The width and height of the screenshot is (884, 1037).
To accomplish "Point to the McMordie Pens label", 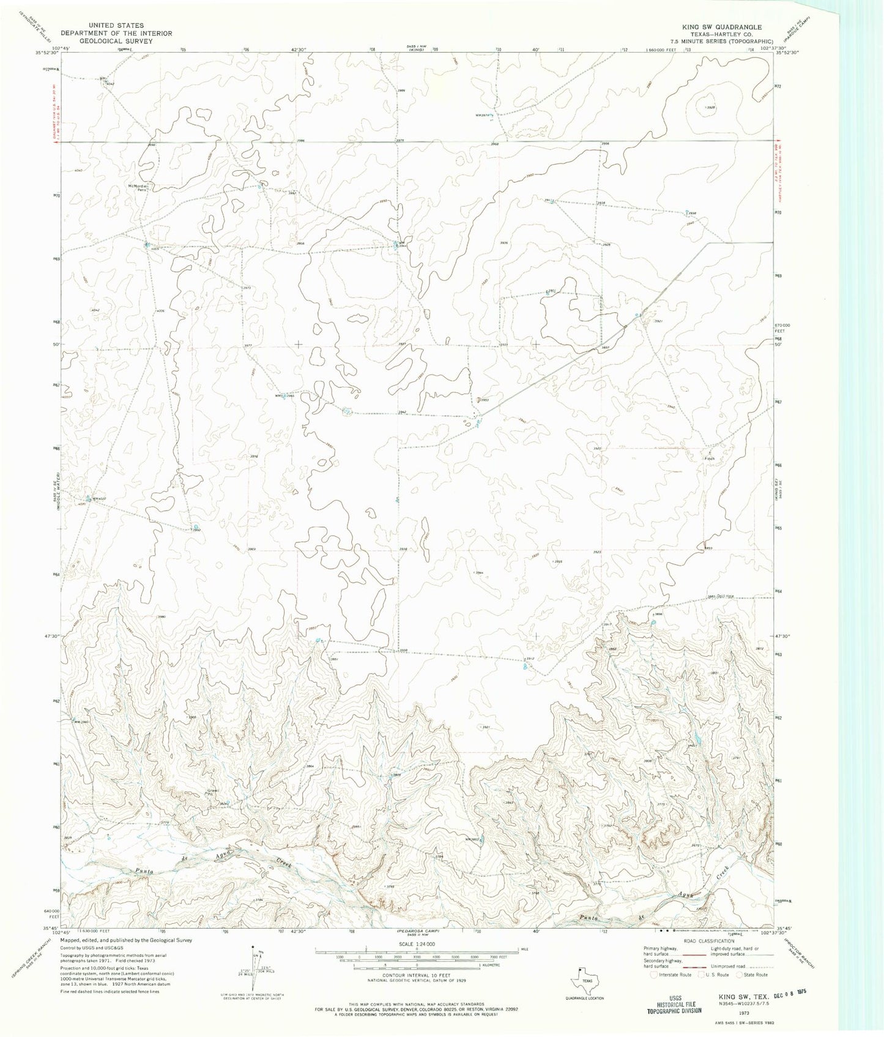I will tap(139, 188).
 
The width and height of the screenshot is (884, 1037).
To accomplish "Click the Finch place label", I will tap(710, 459).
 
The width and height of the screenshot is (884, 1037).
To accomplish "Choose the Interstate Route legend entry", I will tap(672, 975).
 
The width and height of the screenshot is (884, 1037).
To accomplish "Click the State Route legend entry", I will tap(755, 975).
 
